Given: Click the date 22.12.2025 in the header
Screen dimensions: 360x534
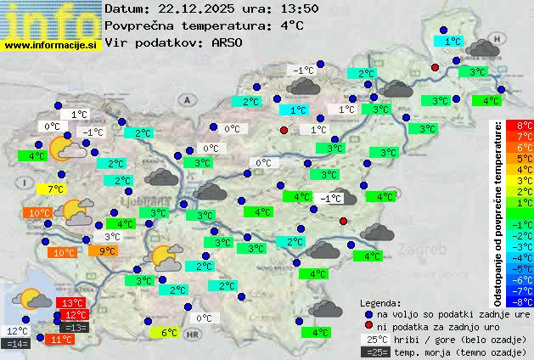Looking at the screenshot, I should tap(195, 8).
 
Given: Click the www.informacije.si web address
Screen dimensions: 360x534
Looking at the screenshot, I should tap(51, 45).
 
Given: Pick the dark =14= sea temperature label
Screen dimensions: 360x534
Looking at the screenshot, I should tap(17, 344).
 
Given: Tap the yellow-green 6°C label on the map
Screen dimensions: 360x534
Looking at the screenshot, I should tap(168, 333).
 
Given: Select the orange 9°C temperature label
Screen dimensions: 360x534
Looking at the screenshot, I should tap(104, 251).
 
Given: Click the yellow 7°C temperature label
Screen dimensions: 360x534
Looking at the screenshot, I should tap(56, 189).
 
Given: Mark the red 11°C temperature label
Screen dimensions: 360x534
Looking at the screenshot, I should tap(60, 340).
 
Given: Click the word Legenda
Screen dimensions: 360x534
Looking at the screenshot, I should tap(379, 302).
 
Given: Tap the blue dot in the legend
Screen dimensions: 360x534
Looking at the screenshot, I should tap(368, 314).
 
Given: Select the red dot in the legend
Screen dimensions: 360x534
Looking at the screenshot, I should tap(368, 327).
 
